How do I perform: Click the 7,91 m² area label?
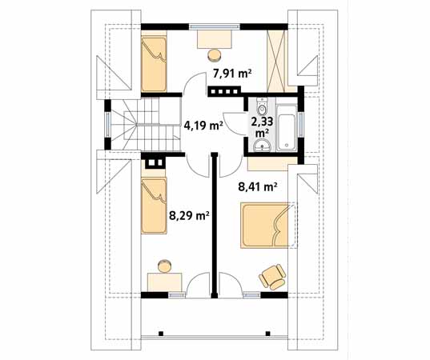click(x=232, y=74)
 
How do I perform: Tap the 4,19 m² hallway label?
click(x=203, y=126)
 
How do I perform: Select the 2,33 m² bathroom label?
click(x=263, y=126)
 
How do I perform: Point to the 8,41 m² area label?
click(x=257, y=187)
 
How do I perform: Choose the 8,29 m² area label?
click(x=189, y=216)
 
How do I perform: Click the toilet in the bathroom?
click(x=262, y=106)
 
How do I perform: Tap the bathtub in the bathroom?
click(x=287, y=127)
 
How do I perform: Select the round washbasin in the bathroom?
click(x=263, y=146)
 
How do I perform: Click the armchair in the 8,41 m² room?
click(x=273, y=277)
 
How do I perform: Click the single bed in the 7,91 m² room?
click(x=154, y=64)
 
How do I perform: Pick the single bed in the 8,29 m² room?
click(x=154, y=206)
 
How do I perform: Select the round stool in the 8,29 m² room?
click(x=166, y=266)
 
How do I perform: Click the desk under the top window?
click(x=215, y=39)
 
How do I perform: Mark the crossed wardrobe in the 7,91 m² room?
click(x=277, y=61)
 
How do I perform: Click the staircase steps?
click(x=143, y=124)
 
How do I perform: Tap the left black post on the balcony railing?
click(x=161, y=334)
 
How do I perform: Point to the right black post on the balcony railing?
click(x=268, y=334)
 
